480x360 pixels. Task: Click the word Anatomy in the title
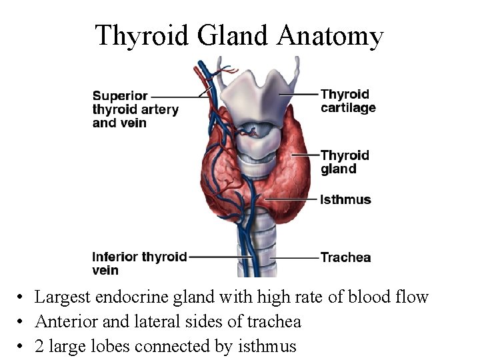pos(331,35)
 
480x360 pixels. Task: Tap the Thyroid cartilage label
pos(348,101)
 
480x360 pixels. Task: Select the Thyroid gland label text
pos(345,162)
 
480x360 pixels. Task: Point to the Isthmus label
pos(345,199)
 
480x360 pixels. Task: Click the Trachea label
pos(345,257)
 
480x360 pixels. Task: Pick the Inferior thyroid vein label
pos(139,263)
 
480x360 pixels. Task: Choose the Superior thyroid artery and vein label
pos(135,109)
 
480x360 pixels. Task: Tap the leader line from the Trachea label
pos(293,257)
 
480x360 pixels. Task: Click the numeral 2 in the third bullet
pos(39,347)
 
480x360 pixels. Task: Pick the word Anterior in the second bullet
pos(65,322)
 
